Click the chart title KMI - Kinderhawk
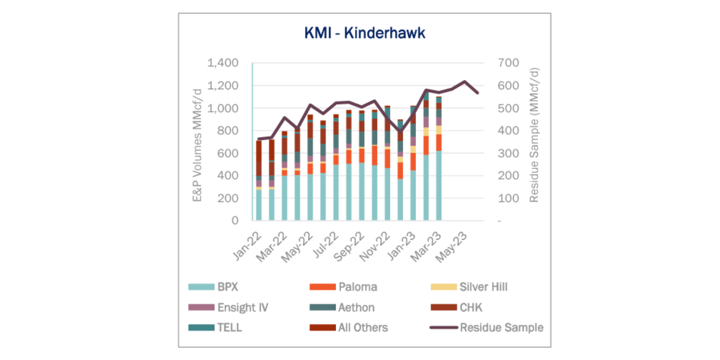[365, 33]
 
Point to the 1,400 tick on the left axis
[223, 63]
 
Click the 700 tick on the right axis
[508, 63]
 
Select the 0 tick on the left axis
[235, 221]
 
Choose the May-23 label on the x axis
[451, 247]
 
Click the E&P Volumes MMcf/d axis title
[197, 145]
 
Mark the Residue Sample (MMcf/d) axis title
[534, 135]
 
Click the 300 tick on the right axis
[508, 153]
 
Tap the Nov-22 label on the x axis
[375, 247]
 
